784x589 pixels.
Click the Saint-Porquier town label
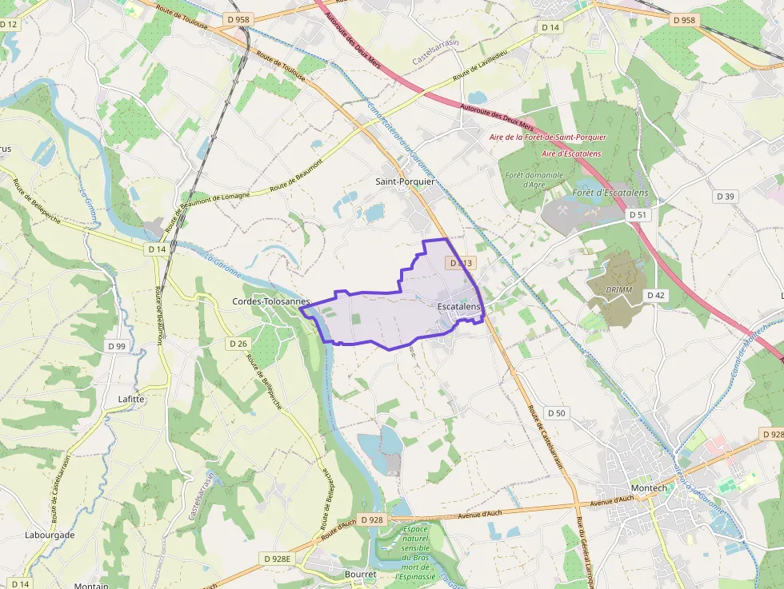tap(405, 181)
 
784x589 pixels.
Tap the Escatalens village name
tap(459, 307)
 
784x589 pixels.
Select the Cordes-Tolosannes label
tap(270, 301)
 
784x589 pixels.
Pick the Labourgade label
tap(50, 535)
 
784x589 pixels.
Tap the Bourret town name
tap(360, 575)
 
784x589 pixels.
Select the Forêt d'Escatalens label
tap(610, 194)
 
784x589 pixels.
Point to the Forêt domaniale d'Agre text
tap(534, 180)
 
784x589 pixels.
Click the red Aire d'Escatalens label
tap(571, 153)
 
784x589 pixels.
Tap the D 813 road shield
tap(462, 262)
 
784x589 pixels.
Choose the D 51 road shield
tap(638, 215)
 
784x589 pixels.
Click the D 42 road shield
tap(655, 295)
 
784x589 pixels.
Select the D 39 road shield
tap(726, 196)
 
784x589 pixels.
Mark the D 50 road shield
tap(557, 413)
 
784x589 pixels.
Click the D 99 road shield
tap(116, 346)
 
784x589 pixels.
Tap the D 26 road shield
tap(238, 344)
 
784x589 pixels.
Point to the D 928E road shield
tap(278, 559)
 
